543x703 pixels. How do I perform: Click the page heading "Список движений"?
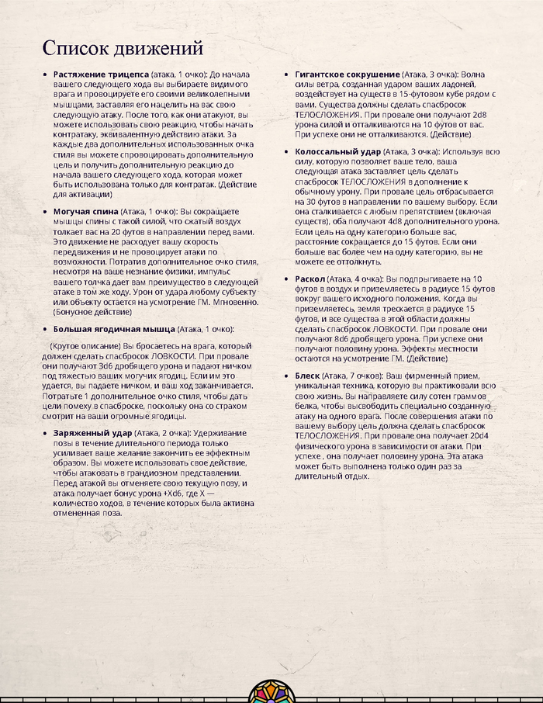pyautogui.click(x=122, y=48)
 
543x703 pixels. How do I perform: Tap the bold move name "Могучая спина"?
pyautogui.click(x=85, y=211)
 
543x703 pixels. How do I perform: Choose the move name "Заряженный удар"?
pyautogui.click(x=92, y=433)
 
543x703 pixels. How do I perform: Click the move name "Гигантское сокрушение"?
pyautogui.click(x=348, y=73)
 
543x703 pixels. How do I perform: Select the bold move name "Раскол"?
pyautogui.click(x=310, y=278)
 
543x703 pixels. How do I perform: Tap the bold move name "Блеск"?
pyautogui.click(x=309, y=376)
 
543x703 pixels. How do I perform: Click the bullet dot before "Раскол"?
pyautogui.click(x=289, y=278)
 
